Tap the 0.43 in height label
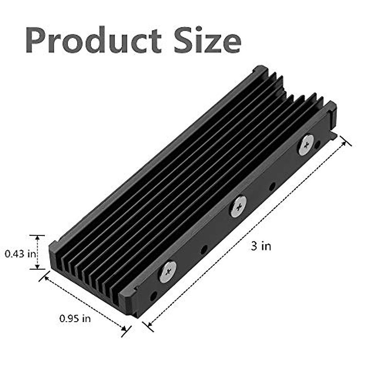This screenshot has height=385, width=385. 20,254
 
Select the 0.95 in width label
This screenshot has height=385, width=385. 75,318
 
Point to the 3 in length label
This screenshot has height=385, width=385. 261,246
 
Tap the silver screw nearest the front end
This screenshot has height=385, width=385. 168,271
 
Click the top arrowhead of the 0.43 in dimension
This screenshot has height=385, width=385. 38,238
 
